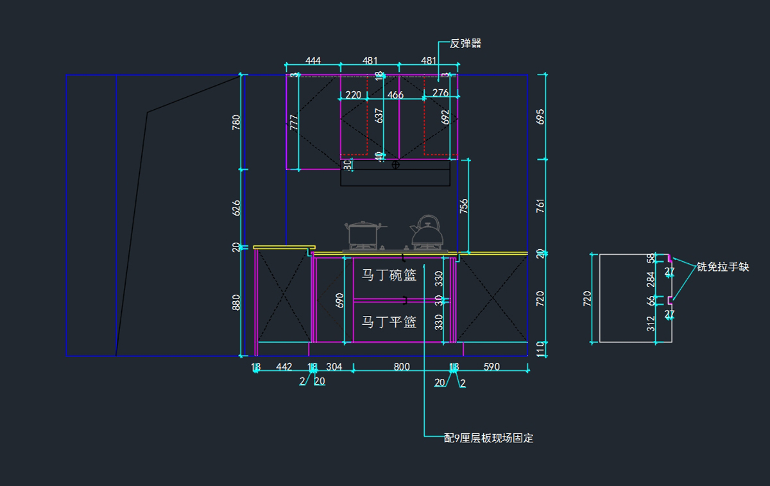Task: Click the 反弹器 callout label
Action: click(x=465, y=44)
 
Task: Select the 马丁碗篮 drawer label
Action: click(x=389, y=275)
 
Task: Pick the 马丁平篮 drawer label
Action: click(x=389, y=322)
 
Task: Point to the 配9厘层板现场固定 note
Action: click(x=488, y=438)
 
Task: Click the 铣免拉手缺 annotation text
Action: click(x=723, y=267)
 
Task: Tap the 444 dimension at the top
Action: click(x=313, y=61)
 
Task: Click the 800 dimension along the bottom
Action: click(x=402, y=367)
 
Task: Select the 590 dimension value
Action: click(x=492, y=367)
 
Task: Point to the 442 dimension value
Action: click(x=284, y=367)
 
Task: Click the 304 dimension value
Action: click(x=334, y=367)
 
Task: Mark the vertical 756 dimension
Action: click(x=464, y=206)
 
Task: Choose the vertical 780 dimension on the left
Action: click(x=236, y=122)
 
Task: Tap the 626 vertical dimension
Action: click(x=236, y=207)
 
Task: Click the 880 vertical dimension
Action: click(x=236, y=302)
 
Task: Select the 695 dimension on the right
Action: click(x=540, y=116)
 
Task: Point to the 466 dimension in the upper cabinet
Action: click(x=396, y=95)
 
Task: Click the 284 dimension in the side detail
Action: click(x=651, y=279)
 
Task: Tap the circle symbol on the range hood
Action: click(x=395, y=165)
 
